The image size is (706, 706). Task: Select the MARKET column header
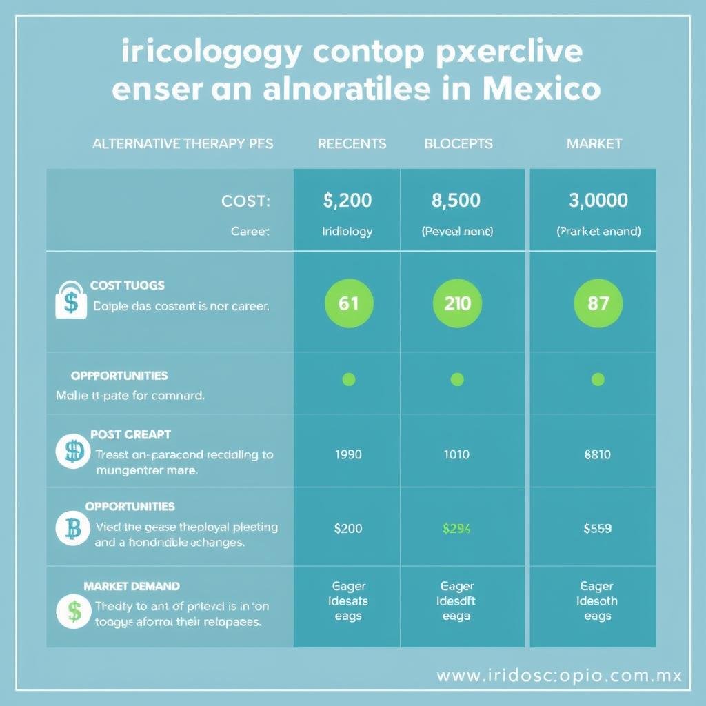point(594,143)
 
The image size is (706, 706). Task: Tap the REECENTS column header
point(352,143)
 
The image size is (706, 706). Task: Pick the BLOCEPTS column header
point(458,143)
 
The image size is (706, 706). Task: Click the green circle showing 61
point(349,303)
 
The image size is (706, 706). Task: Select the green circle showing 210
point(456,303)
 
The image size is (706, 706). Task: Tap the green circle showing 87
point(598,303)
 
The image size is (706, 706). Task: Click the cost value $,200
point(347,201)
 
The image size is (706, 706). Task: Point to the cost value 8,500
point(456,201)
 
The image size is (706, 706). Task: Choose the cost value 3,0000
point(598,201)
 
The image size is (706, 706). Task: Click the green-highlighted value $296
point(456,529)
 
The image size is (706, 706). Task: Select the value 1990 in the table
point(348,454)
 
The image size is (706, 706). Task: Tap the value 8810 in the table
point(597,454)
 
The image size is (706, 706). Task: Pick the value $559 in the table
point(597,529)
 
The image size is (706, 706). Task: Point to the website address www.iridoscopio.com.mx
point(559,675)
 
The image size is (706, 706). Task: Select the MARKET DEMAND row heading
point(132,586)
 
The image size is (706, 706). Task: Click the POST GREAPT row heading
point(130,435)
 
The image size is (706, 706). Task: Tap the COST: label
point(245,201)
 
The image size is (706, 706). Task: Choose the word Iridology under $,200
point(347,232)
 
